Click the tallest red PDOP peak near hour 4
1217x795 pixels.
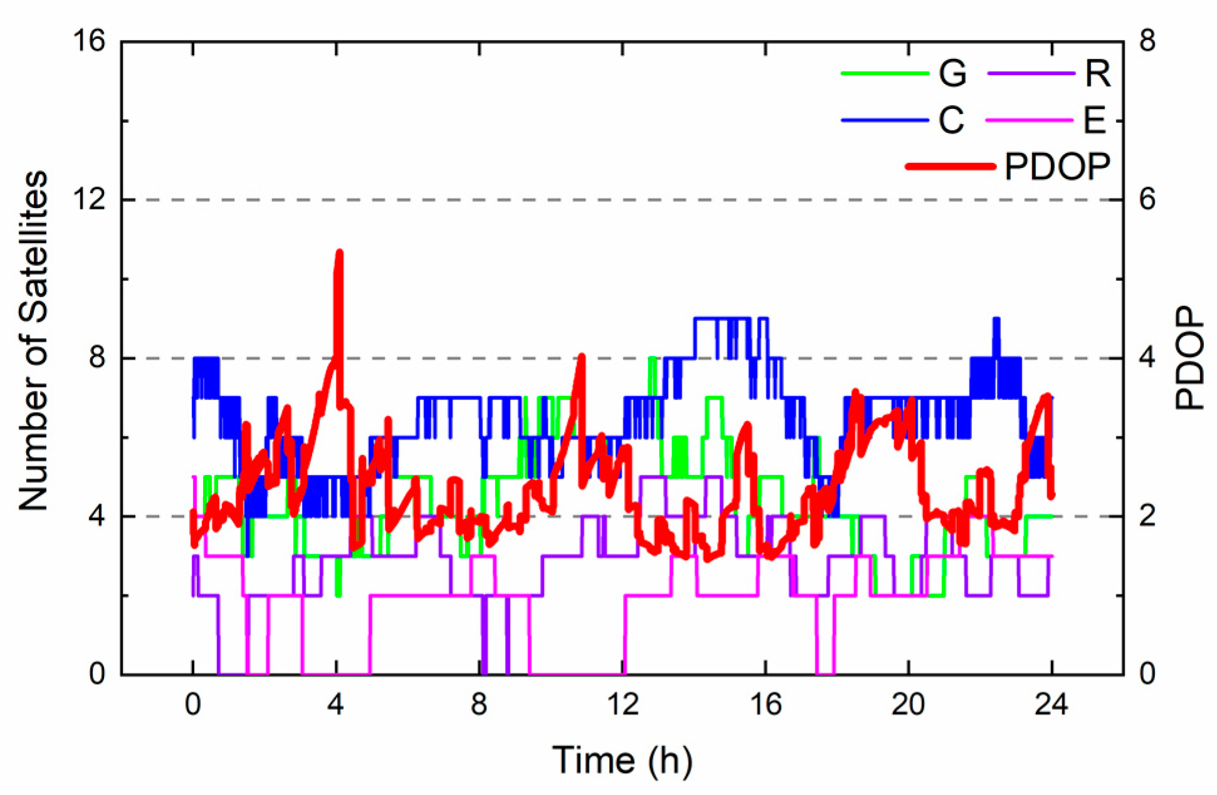click(x=339, y=252)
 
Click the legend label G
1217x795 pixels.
click(x=952, y=73)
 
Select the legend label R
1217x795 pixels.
click(x=1097, y=73)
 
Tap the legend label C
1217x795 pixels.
click(x=951, y=120)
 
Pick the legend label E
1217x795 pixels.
click(x=1094, y=120)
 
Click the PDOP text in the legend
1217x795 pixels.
click(x=1057, y=166)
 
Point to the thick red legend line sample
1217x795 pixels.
click(x=950, y=166)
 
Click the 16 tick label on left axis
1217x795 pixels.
click(x=88, y=41)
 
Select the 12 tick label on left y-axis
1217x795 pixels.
click(x=88, y=200)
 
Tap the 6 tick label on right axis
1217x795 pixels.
click(x=1147, y=200)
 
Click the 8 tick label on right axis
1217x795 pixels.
click(x=1147, y=41)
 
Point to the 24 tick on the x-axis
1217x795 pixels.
click(x=1051, y=705)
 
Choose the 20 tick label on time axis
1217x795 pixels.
click(x=908, y=705)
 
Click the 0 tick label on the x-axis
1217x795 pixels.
click(x=192, y=705)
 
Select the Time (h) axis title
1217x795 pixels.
click(x=622, y=760)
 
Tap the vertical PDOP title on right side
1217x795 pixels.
click(x=1189, y=358)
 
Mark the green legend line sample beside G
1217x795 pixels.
click(x=884, y=73)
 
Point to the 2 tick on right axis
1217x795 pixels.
click(x=1147, y=516)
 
